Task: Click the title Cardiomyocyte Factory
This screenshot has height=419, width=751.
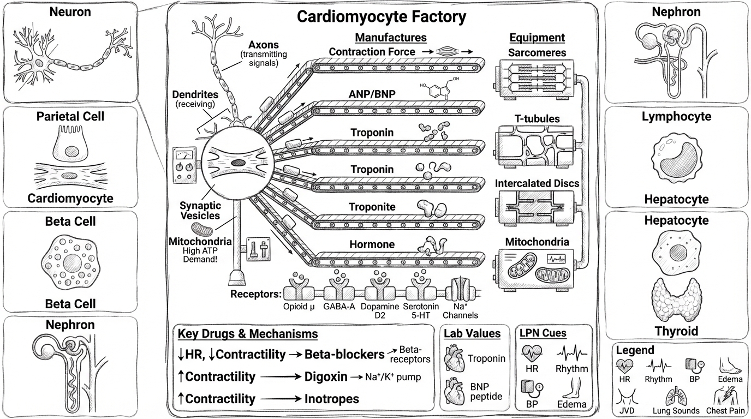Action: point(381,17)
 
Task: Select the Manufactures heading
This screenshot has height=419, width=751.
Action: point(390,38)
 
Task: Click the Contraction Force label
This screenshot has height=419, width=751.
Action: point(372,51)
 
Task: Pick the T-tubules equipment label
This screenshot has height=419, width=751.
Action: point(537,119)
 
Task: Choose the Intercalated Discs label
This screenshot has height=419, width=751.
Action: point(537,183)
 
